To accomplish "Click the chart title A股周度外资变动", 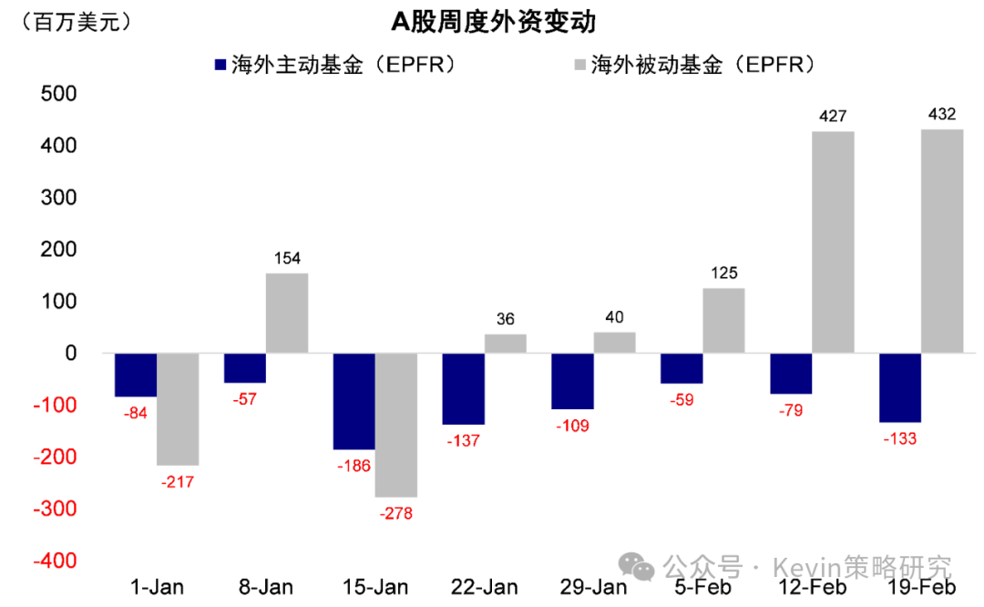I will pos(494,21).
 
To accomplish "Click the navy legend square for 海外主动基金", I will pos(219,65).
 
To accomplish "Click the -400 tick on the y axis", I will pos(57,561).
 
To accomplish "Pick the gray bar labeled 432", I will pos(942,241).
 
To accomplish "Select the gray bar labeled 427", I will pos(833,242).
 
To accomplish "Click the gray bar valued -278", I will pos(395,425).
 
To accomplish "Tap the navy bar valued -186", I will pos(354,401).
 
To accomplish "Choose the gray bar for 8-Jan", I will pos(286,313).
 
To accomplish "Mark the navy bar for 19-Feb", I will pos(900,387).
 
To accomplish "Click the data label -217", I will pos(178,482).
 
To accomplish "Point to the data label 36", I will pos(506,319).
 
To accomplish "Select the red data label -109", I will pos(572,426).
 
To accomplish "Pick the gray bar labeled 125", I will pos(723,320).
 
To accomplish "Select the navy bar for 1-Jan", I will pos(135,375).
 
